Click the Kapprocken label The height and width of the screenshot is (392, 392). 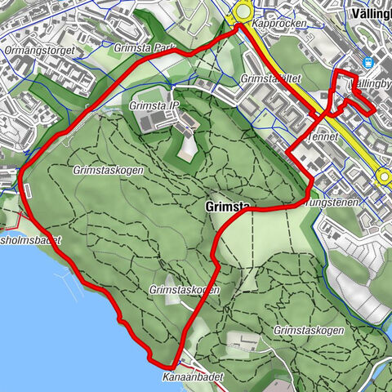click(x=279, y=24)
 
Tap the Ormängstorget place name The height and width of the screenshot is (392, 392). click(x=38, y=50)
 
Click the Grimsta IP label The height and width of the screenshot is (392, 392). click(x=154, y=106)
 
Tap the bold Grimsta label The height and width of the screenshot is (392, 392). click(x=223, y=207)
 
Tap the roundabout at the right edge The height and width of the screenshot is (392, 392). click(x=384, y=175)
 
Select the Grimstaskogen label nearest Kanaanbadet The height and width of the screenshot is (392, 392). click(x=184, y=290)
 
